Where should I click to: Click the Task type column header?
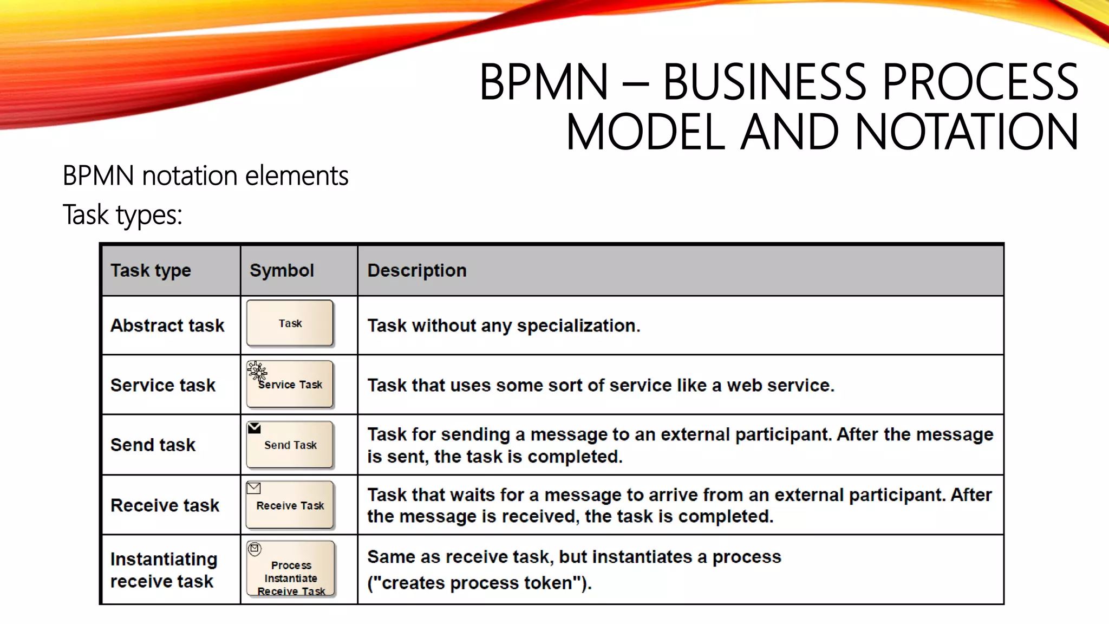151,270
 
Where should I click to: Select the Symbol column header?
282,270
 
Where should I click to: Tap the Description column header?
416,270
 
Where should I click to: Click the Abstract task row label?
167,326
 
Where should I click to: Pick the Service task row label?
163,385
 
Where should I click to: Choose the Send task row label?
153,445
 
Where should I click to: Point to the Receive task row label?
165,505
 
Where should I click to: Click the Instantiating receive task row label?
163,570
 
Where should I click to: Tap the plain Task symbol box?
290,323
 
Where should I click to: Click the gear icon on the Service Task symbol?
257,371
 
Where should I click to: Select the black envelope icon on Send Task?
254,428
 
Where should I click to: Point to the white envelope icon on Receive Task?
253,488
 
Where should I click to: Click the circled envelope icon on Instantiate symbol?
255,549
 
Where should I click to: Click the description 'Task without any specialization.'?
504,326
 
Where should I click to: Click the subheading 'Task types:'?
122,214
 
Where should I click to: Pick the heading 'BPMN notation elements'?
205,175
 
